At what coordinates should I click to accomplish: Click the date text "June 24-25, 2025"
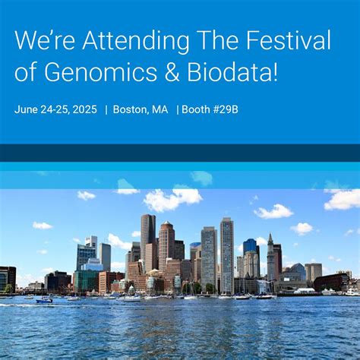(x=55, y=109)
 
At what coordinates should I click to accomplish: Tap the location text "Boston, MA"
(x=141, y=109)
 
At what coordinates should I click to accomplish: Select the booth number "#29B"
(x=224, y=109)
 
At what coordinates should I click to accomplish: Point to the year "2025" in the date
(x=84, y=109)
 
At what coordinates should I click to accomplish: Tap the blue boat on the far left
(x=45, y=299)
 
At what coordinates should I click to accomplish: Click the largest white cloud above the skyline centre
(x=173, y=199)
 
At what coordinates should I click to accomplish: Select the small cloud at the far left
(x=43, y=226)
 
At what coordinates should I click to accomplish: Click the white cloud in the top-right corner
(x=343, y=199)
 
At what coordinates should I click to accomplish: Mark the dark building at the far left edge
(x=7, y=278)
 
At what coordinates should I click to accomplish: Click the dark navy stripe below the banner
(x=180, y=153)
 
